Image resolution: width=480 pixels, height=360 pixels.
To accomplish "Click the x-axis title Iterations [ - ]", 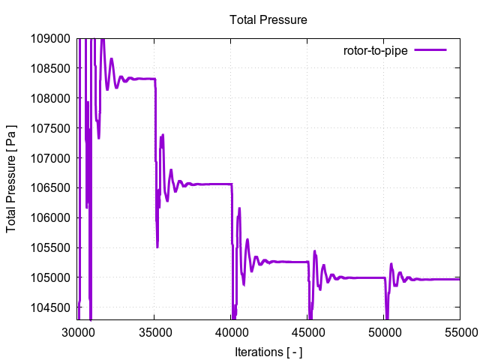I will click(268, 351).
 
